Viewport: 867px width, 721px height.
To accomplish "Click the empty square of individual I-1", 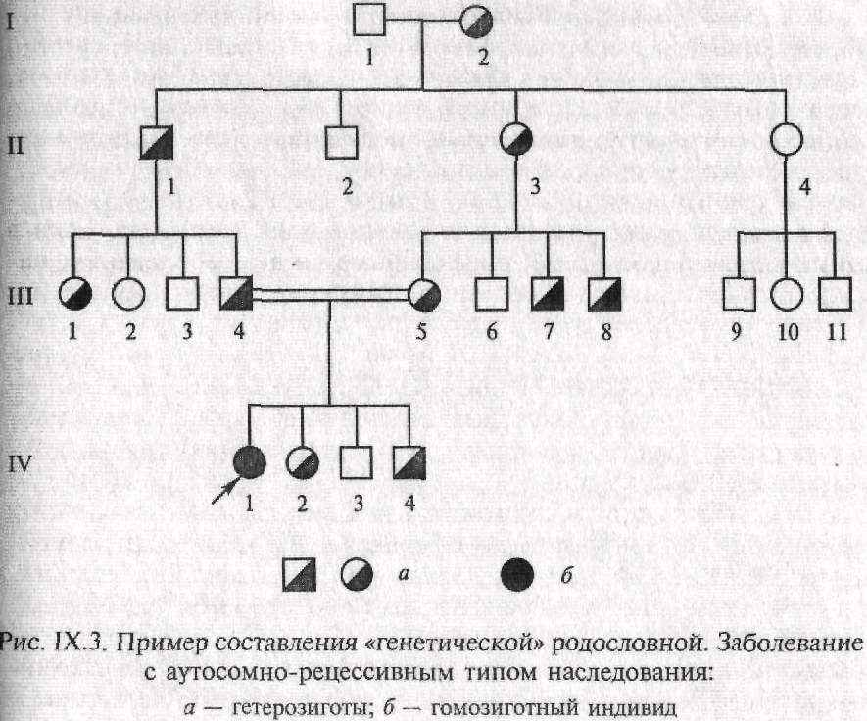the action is [369, 21].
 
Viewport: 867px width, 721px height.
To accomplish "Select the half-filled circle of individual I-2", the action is [478, 22].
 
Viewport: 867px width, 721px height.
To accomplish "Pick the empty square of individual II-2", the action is [341, 142].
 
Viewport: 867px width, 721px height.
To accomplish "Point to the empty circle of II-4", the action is [786, 139].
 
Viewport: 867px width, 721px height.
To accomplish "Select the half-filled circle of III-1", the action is [75, 293].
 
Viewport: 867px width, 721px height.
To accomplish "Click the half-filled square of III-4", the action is [237, 293].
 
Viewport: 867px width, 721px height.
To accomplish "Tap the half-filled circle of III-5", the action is [424, 294].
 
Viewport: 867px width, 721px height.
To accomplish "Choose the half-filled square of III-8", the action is [604, 294].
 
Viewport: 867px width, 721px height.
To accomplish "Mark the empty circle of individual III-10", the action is [787, 293].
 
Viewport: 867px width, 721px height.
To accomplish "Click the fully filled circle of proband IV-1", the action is [250, 462].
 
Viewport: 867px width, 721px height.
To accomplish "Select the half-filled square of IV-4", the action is [409, 462].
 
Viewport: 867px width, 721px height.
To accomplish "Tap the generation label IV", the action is [21, 463].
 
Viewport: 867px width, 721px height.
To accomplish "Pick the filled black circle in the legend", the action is [517, 575].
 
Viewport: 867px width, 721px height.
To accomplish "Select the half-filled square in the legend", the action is [299, 575].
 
